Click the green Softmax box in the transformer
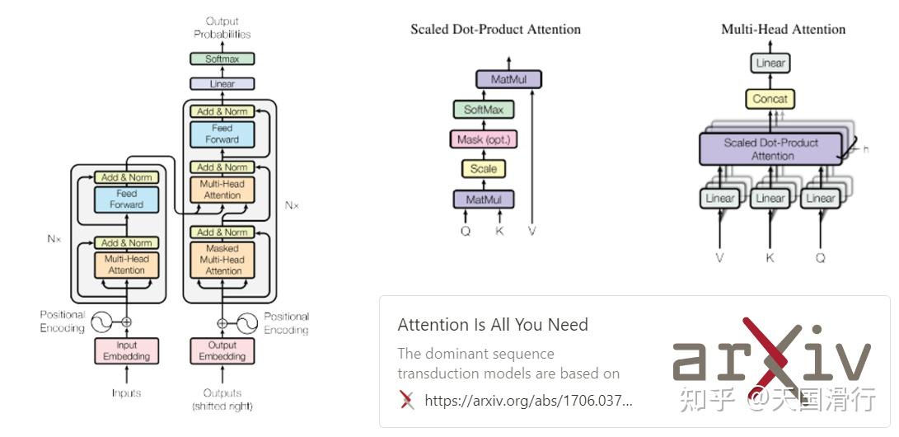(222, 59)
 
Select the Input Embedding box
(127, 350)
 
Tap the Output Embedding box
(222, 350)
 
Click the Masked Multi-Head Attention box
(222, 260)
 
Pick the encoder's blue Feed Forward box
(127, 199)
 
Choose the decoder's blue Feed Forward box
(222, 134)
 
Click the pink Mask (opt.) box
(484, 139)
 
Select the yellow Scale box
(484, 168)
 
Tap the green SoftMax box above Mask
(484, 109)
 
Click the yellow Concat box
(770, 99)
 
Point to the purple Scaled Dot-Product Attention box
(770, 149)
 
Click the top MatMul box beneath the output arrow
(508, 79)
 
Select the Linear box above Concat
(770, 63)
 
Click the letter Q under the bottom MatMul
(465, 232)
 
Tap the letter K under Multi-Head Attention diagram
(770, 258)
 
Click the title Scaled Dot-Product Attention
(495, 29)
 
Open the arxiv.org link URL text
(529, 400)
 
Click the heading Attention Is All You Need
(493, 325)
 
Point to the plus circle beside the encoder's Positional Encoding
(127, 322)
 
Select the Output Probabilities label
(222, 28)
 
